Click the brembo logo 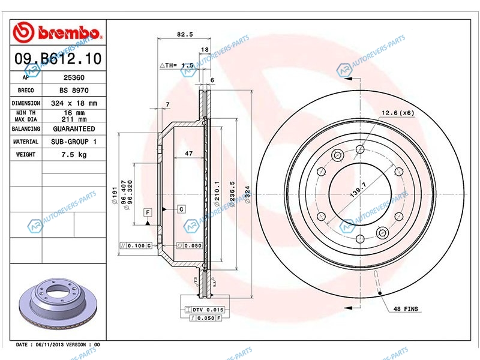(x=57, y=32)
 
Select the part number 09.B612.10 (x=58, y=58)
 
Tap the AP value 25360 (x=74, y=77)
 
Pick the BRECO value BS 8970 (x=74, y=91)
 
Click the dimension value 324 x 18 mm (x=74, y=103)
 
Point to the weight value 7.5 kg (x=74, y=155)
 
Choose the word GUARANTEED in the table (x=74, y=129)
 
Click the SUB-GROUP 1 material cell (x=74, y=142)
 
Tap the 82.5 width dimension (x=185, y=34)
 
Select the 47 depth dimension (x=189, y=154)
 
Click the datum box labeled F (x=148, y=212)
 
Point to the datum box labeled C (x=181, y=209)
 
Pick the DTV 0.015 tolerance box (x=205, y=310)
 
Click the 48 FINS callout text (x=406, y=309)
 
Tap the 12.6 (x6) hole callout (x=398, y=113)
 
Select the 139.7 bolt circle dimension (x=358, y=189)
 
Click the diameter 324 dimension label (x=247, y=194)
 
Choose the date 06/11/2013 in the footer (x=49, y=344)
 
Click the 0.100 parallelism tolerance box (x=136, y=245)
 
